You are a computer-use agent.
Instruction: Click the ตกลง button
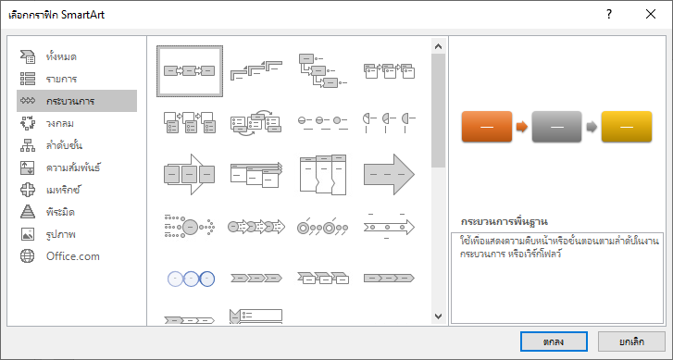pyautogui.click(x=554, y=341)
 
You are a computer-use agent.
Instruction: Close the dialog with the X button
pyautogui.click(x=651, y=14)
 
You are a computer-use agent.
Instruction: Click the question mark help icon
pyautogui.click(x=609, y=14)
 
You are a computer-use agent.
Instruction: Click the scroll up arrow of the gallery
pyautogui.click(x=438, y=46)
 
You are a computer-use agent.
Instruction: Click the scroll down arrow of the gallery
pyautogui.click(x=438, y=317)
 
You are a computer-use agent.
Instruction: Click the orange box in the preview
pyautogui.click(x=487, y=127)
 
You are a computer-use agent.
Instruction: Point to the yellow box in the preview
pyautogui.click(x=627, y=127)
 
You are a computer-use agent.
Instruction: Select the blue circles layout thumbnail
pyautogui.click(x=191, y=279)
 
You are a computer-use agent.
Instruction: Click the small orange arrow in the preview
pyautogui.click(x=522, y=127)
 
